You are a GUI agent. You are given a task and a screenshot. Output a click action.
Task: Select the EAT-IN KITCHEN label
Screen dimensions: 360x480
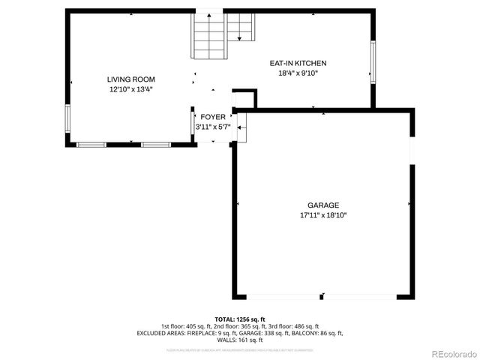click(298, 63)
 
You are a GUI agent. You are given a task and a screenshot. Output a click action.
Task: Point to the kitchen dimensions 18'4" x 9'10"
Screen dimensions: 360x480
click(298, 73)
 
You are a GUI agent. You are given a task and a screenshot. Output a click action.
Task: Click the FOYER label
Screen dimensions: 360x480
click(213, 117)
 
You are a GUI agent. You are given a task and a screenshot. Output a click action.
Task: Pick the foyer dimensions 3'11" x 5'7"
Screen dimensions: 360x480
click(213, 127)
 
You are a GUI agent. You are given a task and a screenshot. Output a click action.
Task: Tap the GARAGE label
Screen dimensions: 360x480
click(323, 205)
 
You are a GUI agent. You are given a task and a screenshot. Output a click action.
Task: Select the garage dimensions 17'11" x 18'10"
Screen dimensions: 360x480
click(323, 215)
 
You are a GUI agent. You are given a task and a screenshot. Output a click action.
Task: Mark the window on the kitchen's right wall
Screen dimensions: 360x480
click(373, 59)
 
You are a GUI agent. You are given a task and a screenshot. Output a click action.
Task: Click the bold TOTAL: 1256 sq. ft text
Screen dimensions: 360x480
click(239, 319)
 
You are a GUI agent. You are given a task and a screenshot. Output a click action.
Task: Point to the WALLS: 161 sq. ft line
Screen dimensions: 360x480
click(239, 340)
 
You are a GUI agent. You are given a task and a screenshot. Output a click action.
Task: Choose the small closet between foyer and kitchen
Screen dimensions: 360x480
click(244, 99)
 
